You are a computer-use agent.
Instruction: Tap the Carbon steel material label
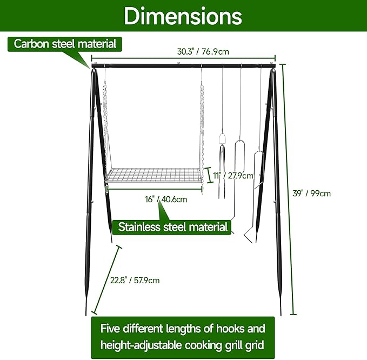click(65, 44)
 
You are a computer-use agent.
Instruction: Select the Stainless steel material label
click(173, 226)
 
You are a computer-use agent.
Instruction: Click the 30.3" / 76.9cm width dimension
click(203, 52)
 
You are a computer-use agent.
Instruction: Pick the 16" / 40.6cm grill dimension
click(166, 199)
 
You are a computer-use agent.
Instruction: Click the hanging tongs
click(222, 162)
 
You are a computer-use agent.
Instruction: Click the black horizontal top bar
click(184, 66)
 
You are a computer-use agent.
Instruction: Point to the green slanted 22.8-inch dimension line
click(107, 279)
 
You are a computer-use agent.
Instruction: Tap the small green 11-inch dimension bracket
click(209, 176)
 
